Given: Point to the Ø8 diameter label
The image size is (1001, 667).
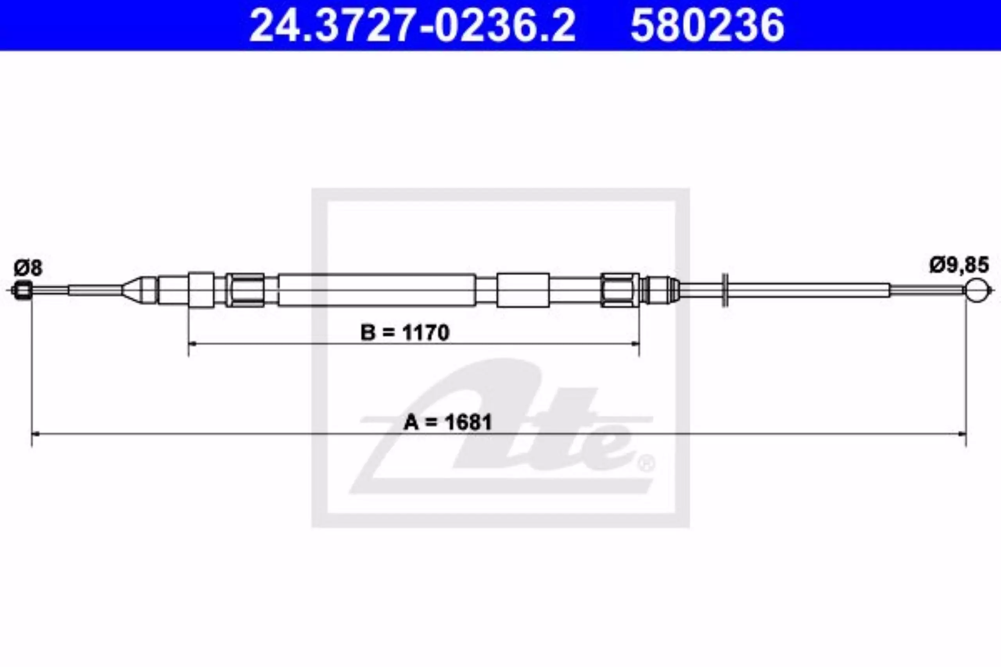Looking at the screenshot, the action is [x=28, y=268].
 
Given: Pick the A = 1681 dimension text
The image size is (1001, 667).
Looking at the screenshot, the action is [x=448, y=422].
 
